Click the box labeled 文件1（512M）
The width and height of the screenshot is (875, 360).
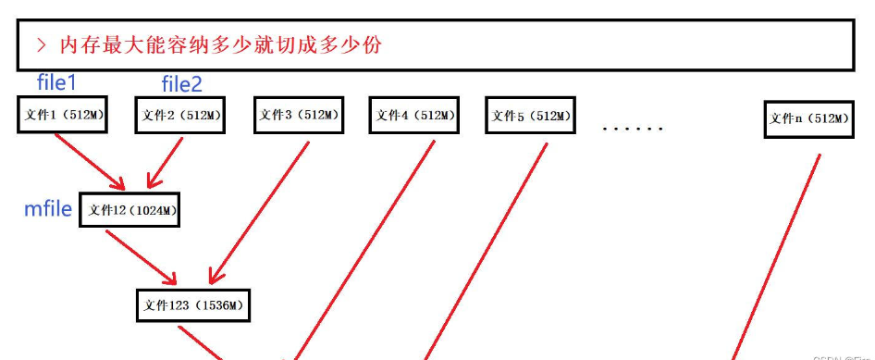(x=61, y=116)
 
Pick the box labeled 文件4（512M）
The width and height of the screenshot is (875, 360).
(x=414, y=116)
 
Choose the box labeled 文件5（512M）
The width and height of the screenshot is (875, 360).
(x=530, y=117)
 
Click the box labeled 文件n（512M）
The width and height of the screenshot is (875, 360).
(x=808, y=118)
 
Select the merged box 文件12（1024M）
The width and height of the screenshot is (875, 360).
(x=129, y=211)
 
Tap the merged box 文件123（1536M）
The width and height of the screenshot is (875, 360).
(x=194, y=304)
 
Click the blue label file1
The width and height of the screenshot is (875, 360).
(x=56, y=83)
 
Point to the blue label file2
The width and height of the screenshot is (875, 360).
(x=181, y=85)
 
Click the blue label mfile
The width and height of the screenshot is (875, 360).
(x=47, y=210)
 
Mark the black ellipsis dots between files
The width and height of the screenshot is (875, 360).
(x=633, y=129)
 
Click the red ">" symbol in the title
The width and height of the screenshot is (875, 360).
(x=42, y=45)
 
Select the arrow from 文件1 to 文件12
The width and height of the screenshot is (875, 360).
(x=91, y=160)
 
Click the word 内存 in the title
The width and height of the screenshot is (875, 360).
(x=76, y=45)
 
